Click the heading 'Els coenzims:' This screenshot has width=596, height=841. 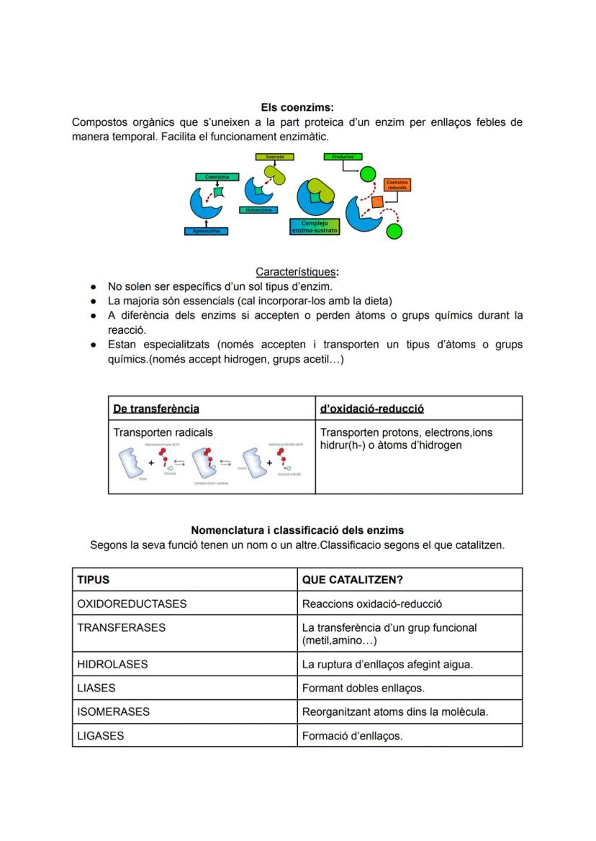pyautogui.click(x=297, y=108)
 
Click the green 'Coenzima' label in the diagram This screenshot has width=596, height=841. pyautogui.click(x=217, y=176)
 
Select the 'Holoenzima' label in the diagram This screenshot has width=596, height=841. pyautogui.click(x=258, y=210)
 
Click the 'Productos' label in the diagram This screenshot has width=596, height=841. pyautogui.click(x=343, y=156)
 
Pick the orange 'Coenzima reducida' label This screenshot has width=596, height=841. pyautogui.click(x=397, y=185)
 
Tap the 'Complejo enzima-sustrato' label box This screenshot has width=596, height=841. pyautogui.click(x=314, y=227)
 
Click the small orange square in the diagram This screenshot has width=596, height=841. pyautogui.click(x=377, y=201)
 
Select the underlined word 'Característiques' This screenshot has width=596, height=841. pyautogui.click(x=295, y=272)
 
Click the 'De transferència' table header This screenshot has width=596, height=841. pyautogui.click(x=156, y=409)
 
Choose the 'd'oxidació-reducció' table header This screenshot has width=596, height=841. pyautogui.click(x=371, y=409)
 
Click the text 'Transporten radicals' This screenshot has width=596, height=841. pyautogui.click(x=163, y=432)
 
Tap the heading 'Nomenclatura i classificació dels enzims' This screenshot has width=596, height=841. pyautogui.click(x=297, y=530)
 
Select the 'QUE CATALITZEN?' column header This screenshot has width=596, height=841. pyautogui.click(x=347, y=580)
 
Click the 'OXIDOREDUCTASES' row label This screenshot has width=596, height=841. pyautogui.click(x=132, y=604)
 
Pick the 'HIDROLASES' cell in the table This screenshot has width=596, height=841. pyautogui.click(x=112, y=664)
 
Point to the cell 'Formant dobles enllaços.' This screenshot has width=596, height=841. pyautogui.click(x=363, y=688)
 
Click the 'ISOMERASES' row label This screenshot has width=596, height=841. pyautogui.click(x=113, y=712)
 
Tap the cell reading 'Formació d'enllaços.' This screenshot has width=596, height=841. pyautogui.click(x=352, y=735)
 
